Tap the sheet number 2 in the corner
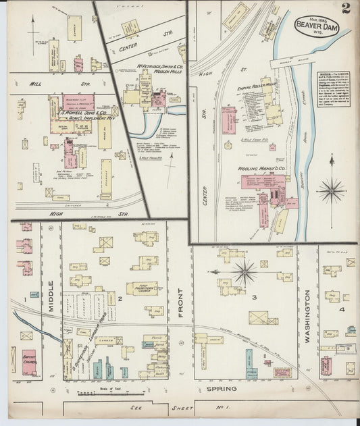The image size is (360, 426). [346, 8]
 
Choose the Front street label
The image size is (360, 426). [180, 298]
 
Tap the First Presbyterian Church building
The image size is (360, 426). [142, 288]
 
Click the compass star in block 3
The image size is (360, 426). [245, 273]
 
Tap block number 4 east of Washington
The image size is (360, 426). [342, 309]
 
